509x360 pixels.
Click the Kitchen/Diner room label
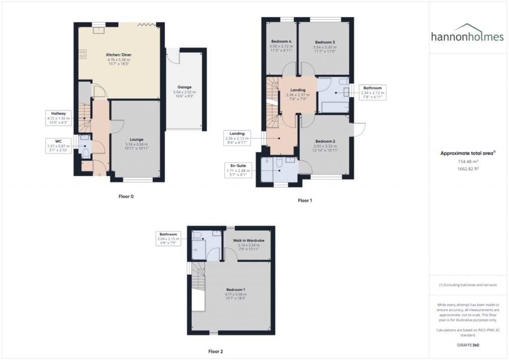(119, 55)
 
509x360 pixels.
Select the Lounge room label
(136, 140)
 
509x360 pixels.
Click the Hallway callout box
(59, 117)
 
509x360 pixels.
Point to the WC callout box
(59, 144)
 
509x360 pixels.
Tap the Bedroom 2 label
(326, 141)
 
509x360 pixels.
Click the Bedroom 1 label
(236, 289)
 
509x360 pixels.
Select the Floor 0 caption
(126, 196)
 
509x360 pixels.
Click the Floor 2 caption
(215, 352)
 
